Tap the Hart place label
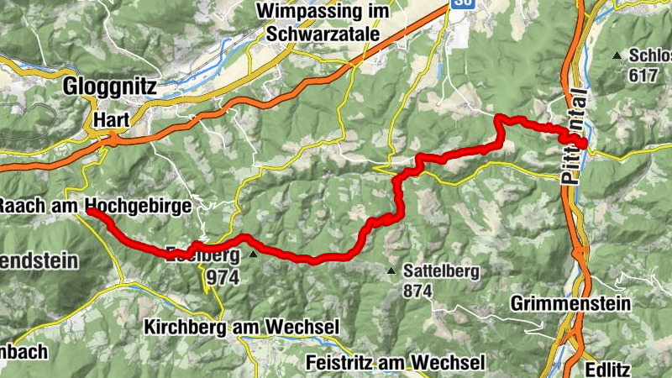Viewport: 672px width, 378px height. tap(112, 120)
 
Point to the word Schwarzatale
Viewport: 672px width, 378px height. tap(323, 34)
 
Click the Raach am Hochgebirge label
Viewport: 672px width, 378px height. tap(95, 206)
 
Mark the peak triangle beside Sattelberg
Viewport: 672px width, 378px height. tap(391, 270)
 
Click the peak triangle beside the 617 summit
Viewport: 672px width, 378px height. tap(617, 55)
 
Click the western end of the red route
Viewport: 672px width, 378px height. tap(90, 213)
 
